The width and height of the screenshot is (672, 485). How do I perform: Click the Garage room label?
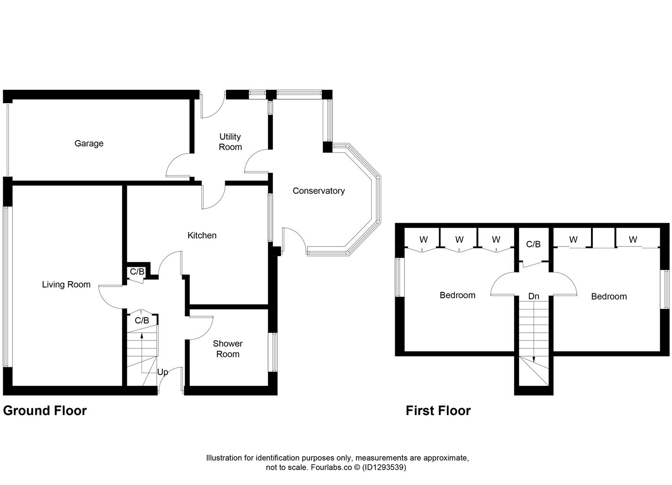[x=89, y=143]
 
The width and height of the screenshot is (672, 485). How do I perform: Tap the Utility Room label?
[x=230, y=141]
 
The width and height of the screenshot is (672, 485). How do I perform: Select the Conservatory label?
[x=318, y=191]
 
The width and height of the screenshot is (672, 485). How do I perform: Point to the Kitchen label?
[x=202, y=235]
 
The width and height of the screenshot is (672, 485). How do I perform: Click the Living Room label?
[x=66, y=284]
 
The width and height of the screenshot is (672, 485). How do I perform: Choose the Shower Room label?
[x=227, y=348]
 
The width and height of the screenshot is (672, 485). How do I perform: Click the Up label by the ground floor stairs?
[x=162, y=372]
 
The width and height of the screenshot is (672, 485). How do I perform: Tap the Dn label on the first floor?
[x=534, y=296]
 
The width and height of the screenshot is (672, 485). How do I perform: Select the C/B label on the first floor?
[x=533, y=244]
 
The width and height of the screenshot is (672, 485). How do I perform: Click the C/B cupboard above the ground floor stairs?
[x=142, y=320]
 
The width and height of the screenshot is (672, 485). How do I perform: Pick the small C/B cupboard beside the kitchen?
[x=137, y=272]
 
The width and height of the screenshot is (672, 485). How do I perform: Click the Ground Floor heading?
[x=45, y=410]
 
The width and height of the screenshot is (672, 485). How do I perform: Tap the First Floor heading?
[x=438, y=410]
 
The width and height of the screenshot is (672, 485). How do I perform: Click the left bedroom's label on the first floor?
[x=457, y=295]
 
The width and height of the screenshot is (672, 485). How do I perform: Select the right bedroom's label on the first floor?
[x=609, y=296]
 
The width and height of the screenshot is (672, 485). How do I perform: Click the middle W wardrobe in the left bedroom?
[x=459, y=239]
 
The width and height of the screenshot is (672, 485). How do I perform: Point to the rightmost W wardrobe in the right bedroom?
[x=633, y=239]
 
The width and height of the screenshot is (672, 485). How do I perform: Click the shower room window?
[x=273, y=352]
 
